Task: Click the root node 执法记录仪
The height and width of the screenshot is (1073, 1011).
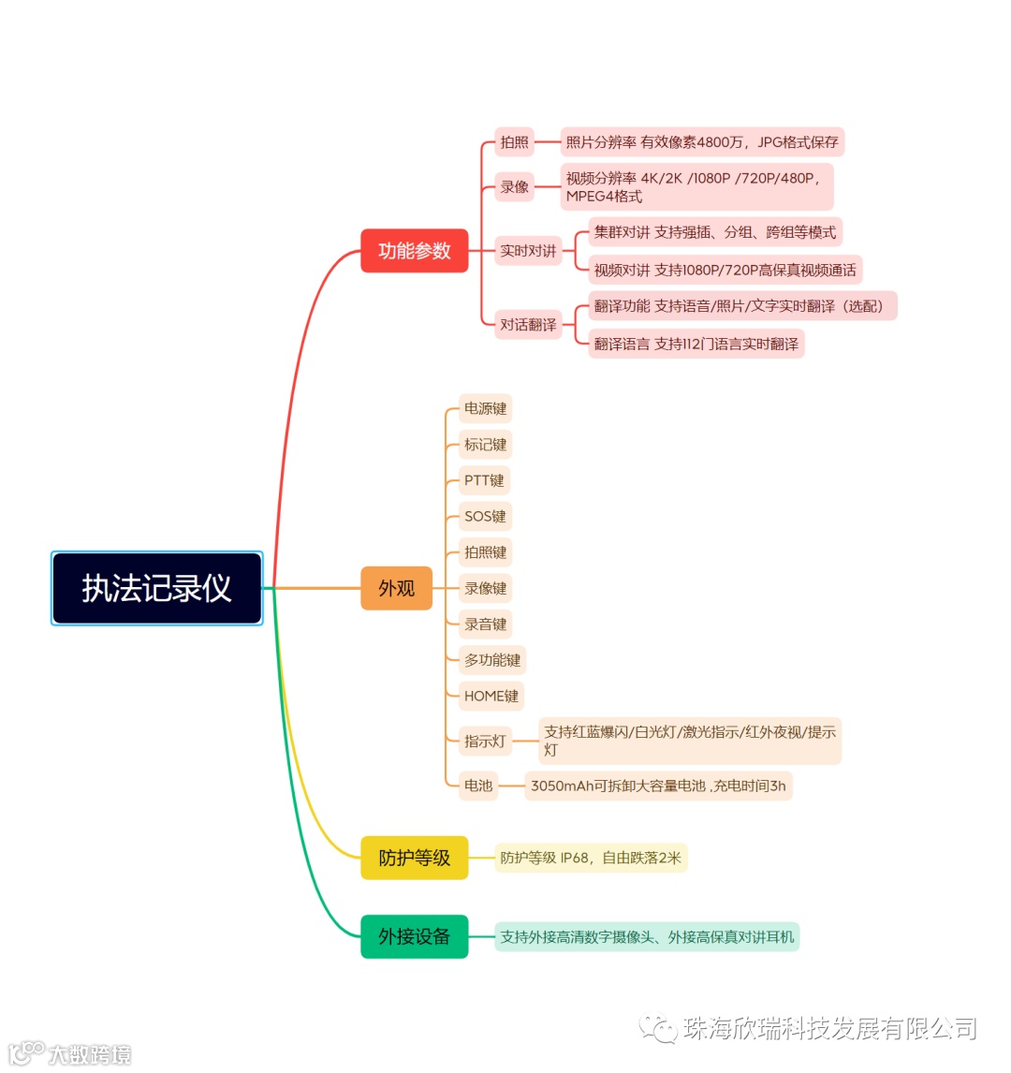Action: [156, 588]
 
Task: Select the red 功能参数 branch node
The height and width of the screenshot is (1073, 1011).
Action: [414, 251]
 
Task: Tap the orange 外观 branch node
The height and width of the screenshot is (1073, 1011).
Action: [396, 588]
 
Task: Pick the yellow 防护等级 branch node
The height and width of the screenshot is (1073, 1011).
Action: [414, 858]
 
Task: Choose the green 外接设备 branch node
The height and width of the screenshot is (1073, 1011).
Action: [414, 936]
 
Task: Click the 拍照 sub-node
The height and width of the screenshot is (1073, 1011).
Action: [514, 142]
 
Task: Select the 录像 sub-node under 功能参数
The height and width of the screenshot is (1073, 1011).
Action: [514, 186]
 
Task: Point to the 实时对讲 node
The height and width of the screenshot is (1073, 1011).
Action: [528, 251]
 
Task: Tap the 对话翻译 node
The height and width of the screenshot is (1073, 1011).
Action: [528, 325]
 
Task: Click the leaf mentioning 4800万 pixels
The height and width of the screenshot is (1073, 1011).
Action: [702, 142]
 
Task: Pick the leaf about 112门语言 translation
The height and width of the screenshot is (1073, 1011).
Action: [696, 344]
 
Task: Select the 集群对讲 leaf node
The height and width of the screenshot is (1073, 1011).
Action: [715, 232]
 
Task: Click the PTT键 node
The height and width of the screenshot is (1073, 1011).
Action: [484, 480]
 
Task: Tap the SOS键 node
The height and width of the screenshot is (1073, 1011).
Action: [485, 516]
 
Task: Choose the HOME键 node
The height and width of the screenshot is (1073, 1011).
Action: [491, 696]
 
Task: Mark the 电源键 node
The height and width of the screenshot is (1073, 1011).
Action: [485, 408]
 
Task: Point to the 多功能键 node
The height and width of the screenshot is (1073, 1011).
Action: [492, 660]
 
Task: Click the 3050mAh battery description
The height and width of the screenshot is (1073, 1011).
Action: [658, 786]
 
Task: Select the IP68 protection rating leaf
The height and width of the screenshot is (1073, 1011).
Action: [591, 858]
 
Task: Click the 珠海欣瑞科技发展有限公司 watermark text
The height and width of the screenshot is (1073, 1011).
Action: [828, 1029]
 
